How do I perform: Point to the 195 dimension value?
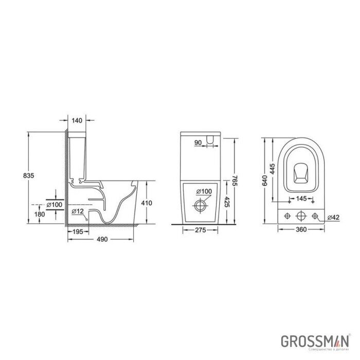tap(78, 232)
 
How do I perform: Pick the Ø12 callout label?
tap(78, 211)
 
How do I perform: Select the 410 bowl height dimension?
tap(147, 203)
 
